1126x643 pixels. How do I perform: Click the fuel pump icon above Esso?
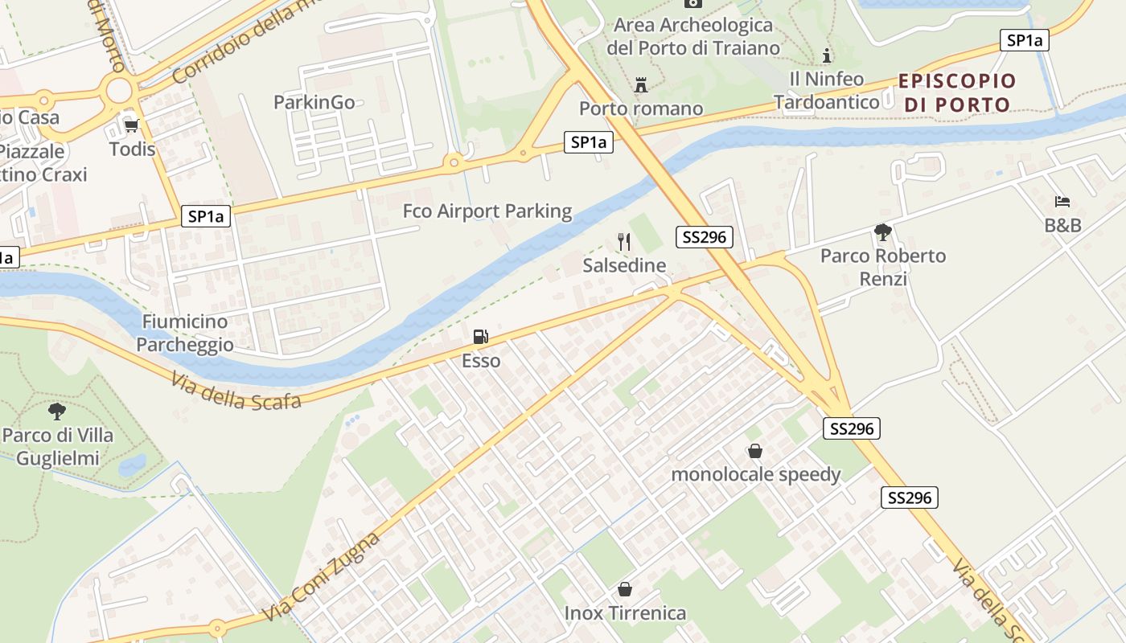[x=480, y=337]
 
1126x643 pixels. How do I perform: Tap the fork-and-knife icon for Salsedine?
[x=624, y=241]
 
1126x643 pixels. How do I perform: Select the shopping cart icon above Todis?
[x=131, y=125]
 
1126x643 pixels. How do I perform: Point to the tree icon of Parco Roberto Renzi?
[x=883, y=232]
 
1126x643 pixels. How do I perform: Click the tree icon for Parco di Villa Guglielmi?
[x=57, y=412]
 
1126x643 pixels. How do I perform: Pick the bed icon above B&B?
[x=1062, y=201]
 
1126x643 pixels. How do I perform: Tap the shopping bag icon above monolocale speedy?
[x=755, y=451]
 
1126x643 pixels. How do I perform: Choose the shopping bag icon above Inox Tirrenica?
[x=625, y=589]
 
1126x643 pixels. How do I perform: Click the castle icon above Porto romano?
[x=641, y=84]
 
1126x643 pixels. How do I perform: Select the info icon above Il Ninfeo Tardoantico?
[x=827, y=55]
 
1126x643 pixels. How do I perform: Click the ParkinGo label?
[x=314, y=102]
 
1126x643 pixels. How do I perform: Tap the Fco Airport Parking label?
[x=487, y=211]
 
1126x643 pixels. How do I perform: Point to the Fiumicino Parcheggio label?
[x=185, y=333]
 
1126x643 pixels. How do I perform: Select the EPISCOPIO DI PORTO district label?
[x=957, y=92]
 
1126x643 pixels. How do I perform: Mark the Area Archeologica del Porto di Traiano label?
[x=692, y=36]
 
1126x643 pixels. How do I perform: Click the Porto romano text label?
[x=641, y=109]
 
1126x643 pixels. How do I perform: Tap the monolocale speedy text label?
[x=755, y=474]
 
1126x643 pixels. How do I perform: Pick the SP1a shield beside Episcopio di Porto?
[x=1024, y=40]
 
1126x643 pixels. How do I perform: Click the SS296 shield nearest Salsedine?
[x=705, y=236]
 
